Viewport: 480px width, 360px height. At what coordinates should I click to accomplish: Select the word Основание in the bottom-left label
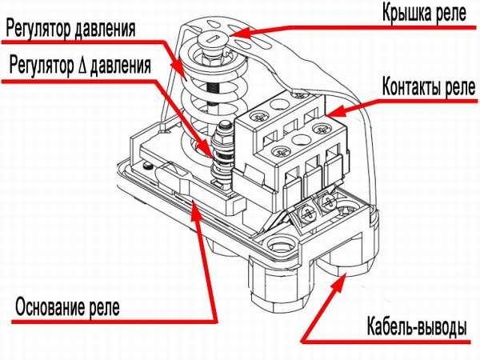[57, 306]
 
